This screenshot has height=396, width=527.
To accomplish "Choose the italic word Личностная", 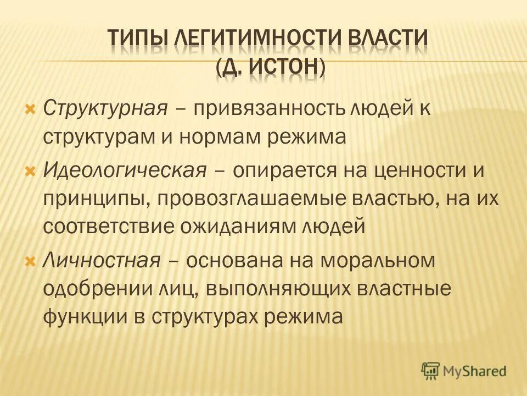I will click(101, 260).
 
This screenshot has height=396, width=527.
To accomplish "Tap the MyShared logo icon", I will click(431, 370).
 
